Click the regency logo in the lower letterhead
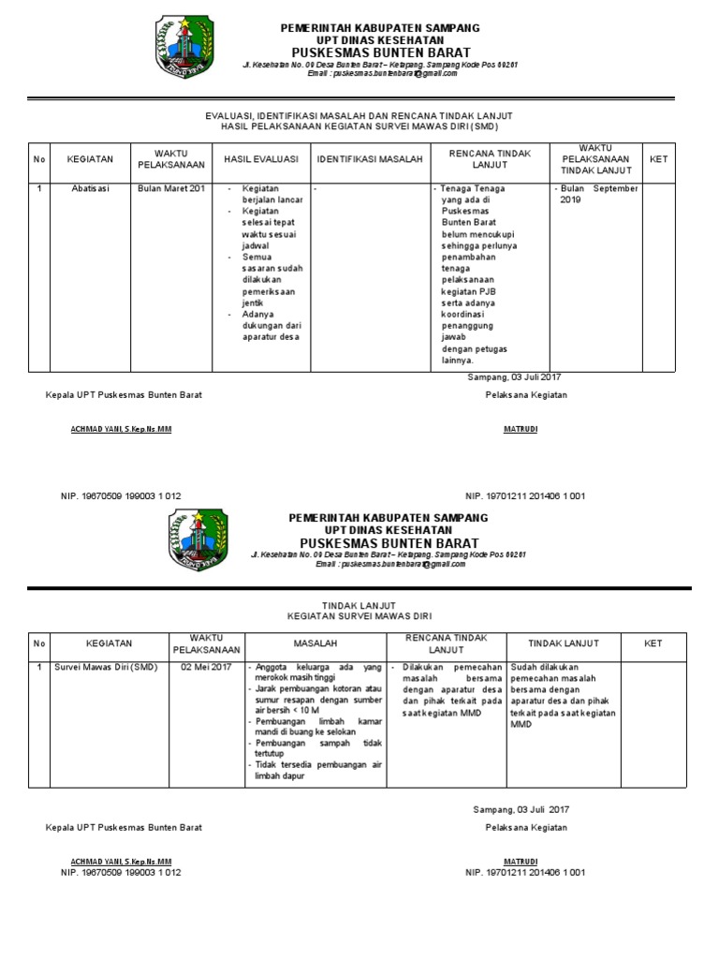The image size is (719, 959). tap(198, 540)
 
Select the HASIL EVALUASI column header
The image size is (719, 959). tap(259, 159)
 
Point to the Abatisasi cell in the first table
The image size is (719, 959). tap(91, 188)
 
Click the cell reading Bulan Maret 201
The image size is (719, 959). tap(170, 188)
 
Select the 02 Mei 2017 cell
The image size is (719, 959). tap(206, 667)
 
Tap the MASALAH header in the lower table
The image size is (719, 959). tap(315, 644)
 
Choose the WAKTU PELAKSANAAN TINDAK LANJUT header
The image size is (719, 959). tap(595, 159)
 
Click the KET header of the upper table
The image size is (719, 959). tap(658, 159)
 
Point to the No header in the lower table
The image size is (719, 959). tap(38, 643)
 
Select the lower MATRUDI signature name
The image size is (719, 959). tap(521, 861)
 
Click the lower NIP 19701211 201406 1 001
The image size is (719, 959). tap(525, 872)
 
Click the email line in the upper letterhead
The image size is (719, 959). tap(386, 73)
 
